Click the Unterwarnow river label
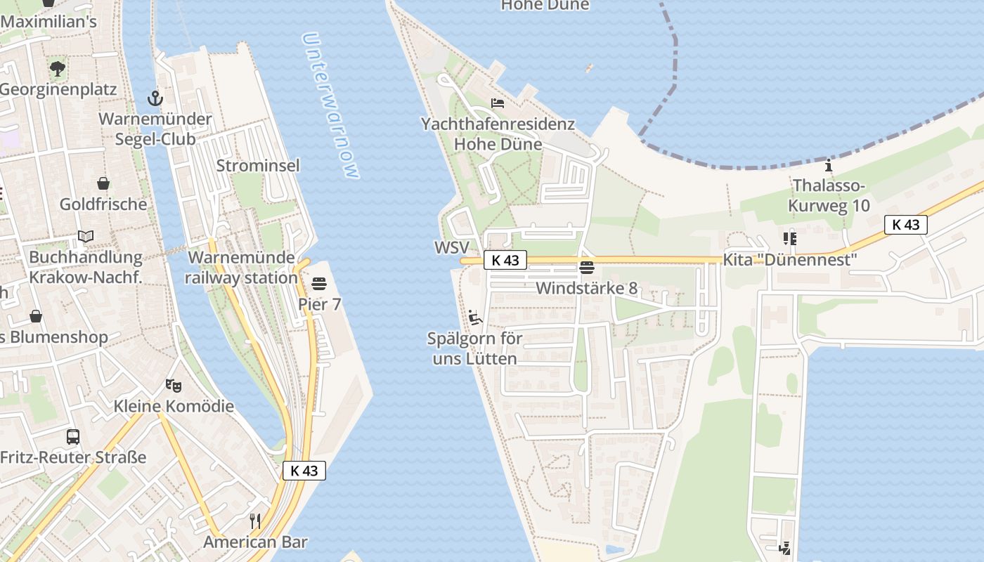coord(332,105)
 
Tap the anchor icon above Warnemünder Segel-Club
coord(155,98)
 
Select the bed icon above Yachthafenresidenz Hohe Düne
coord(498,103)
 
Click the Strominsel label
coord(258,166)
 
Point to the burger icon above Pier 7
coord(319,284)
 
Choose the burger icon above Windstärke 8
coord(587,267)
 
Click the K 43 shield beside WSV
coord(505,260)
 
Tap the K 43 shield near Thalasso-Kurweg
coord(905,225)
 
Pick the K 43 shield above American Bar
coord(304,471)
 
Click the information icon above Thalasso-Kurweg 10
coord(829,166)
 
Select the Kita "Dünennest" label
coord(790,260)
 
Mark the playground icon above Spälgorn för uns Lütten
coord(475,318)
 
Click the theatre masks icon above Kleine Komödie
coord(174,385)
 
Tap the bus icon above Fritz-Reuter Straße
coord(73,437)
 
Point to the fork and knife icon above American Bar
coord(255,521)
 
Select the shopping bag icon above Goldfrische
coord(103,183)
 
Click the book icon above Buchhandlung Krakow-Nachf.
coord(86,236)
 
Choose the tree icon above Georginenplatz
coord(58,69)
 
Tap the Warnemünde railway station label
coord(241,268)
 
